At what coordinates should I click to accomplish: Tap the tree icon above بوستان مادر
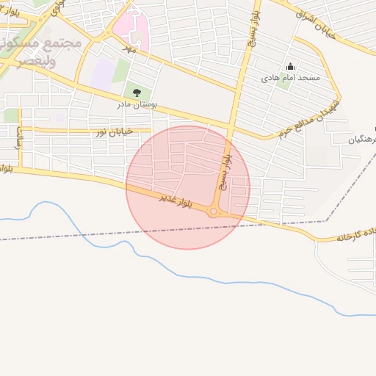pyautogui.click(x=136, y=92)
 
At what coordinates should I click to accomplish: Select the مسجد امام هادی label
pyautogui.click(x=289, y=76)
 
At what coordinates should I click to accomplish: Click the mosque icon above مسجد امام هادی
pyautogui.click(x=290, y=66)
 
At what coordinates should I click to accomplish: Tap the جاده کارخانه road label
pyautogui.click(x=357, y=235)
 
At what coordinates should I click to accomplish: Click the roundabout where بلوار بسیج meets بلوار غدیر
pyautogui.click(x=214, y=212)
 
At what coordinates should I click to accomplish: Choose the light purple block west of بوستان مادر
pyautogui.click(x=103, y=73)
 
